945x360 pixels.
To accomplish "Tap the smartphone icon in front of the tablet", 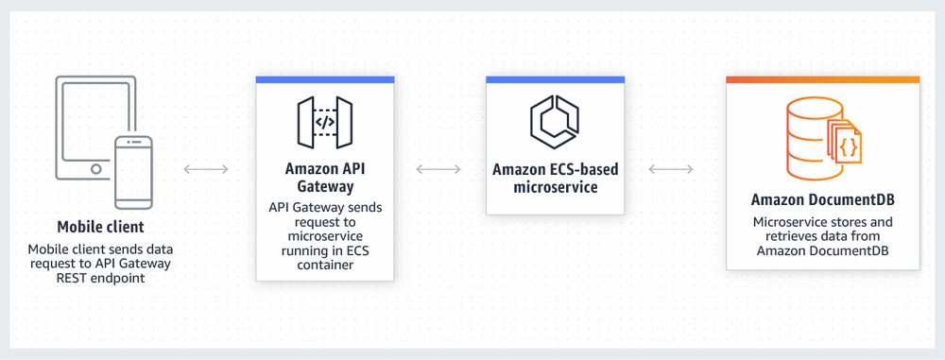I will coord(133,171).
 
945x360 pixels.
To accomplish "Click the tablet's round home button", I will coord(95,169).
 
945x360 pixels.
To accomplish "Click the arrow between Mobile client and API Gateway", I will coord(205,169).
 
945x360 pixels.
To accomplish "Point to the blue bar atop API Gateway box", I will coord(324,80).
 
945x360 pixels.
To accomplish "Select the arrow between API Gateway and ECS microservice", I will coord(438,169).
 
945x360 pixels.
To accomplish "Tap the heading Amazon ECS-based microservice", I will coord(555,179).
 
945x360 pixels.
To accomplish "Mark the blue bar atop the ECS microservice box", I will coord(555,80).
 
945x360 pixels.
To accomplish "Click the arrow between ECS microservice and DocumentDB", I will coord(671,169).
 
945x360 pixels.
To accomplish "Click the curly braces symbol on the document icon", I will coord(848,146).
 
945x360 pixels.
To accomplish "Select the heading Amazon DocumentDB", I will coord(822,200).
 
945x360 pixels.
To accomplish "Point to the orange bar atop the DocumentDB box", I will coord(822,80).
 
